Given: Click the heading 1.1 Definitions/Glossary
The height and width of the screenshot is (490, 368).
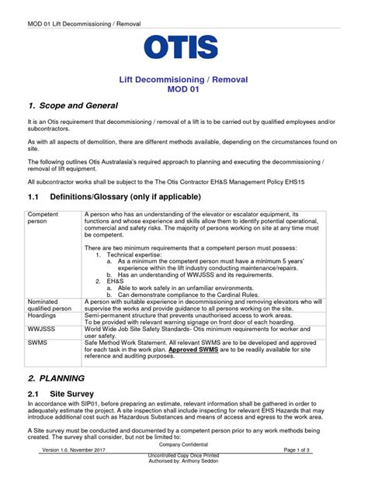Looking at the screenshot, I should coord(114,197).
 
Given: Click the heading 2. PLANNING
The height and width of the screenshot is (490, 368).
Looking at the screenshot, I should coord(59,378).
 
